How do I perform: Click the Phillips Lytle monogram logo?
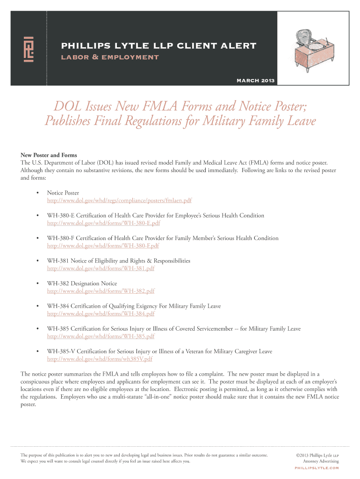tap(29, 49)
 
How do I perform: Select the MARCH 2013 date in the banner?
tap(256, 80)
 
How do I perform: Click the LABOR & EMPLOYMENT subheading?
tap(110, 58)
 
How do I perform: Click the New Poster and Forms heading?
tap(49, 155)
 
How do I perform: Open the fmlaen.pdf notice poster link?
tap(119, 200)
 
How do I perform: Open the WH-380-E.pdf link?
tap(103, 223)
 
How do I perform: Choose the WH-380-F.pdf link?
tap(103, 246)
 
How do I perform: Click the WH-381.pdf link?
tap(101, 269)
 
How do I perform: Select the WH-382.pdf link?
tap(101, 291)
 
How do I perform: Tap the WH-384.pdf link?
tap(101, 313)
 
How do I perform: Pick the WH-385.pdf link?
tap(101, 336)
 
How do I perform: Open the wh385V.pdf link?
tap(100, 359)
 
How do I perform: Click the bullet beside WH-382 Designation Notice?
tap(36, 283)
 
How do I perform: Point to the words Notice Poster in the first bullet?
tap(63, 193)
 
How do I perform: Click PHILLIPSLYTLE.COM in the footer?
tap(317, 468)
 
